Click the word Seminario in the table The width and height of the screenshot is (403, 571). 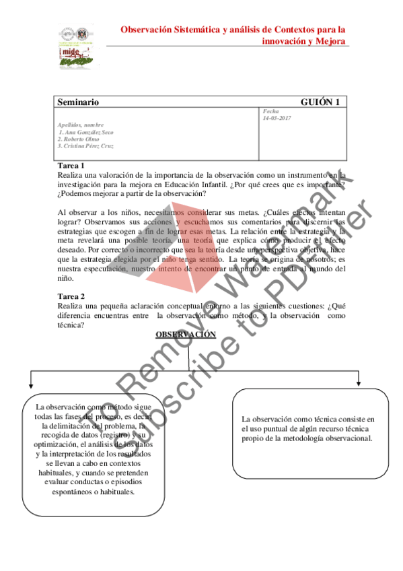[x=78, y=102]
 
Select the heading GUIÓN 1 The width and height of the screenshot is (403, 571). [x=320, y=102]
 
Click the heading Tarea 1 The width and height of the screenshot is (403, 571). [x=71, y=166]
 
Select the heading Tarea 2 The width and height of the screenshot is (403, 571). [x=71, y=296]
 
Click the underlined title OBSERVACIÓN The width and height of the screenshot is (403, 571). [x=186, y=335]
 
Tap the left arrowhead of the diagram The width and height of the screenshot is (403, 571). [x=30, y=386]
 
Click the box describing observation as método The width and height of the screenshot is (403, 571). [x=94, y=450]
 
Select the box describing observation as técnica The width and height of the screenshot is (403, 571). [x=307, y=429]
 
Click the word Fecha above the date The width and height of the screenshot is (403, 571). [x=270, y=111]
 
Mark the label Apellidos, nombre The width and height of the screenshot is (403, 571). [x=81, y=125]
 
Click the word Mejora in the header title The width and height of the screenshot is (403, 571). [x=330, y=41]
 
